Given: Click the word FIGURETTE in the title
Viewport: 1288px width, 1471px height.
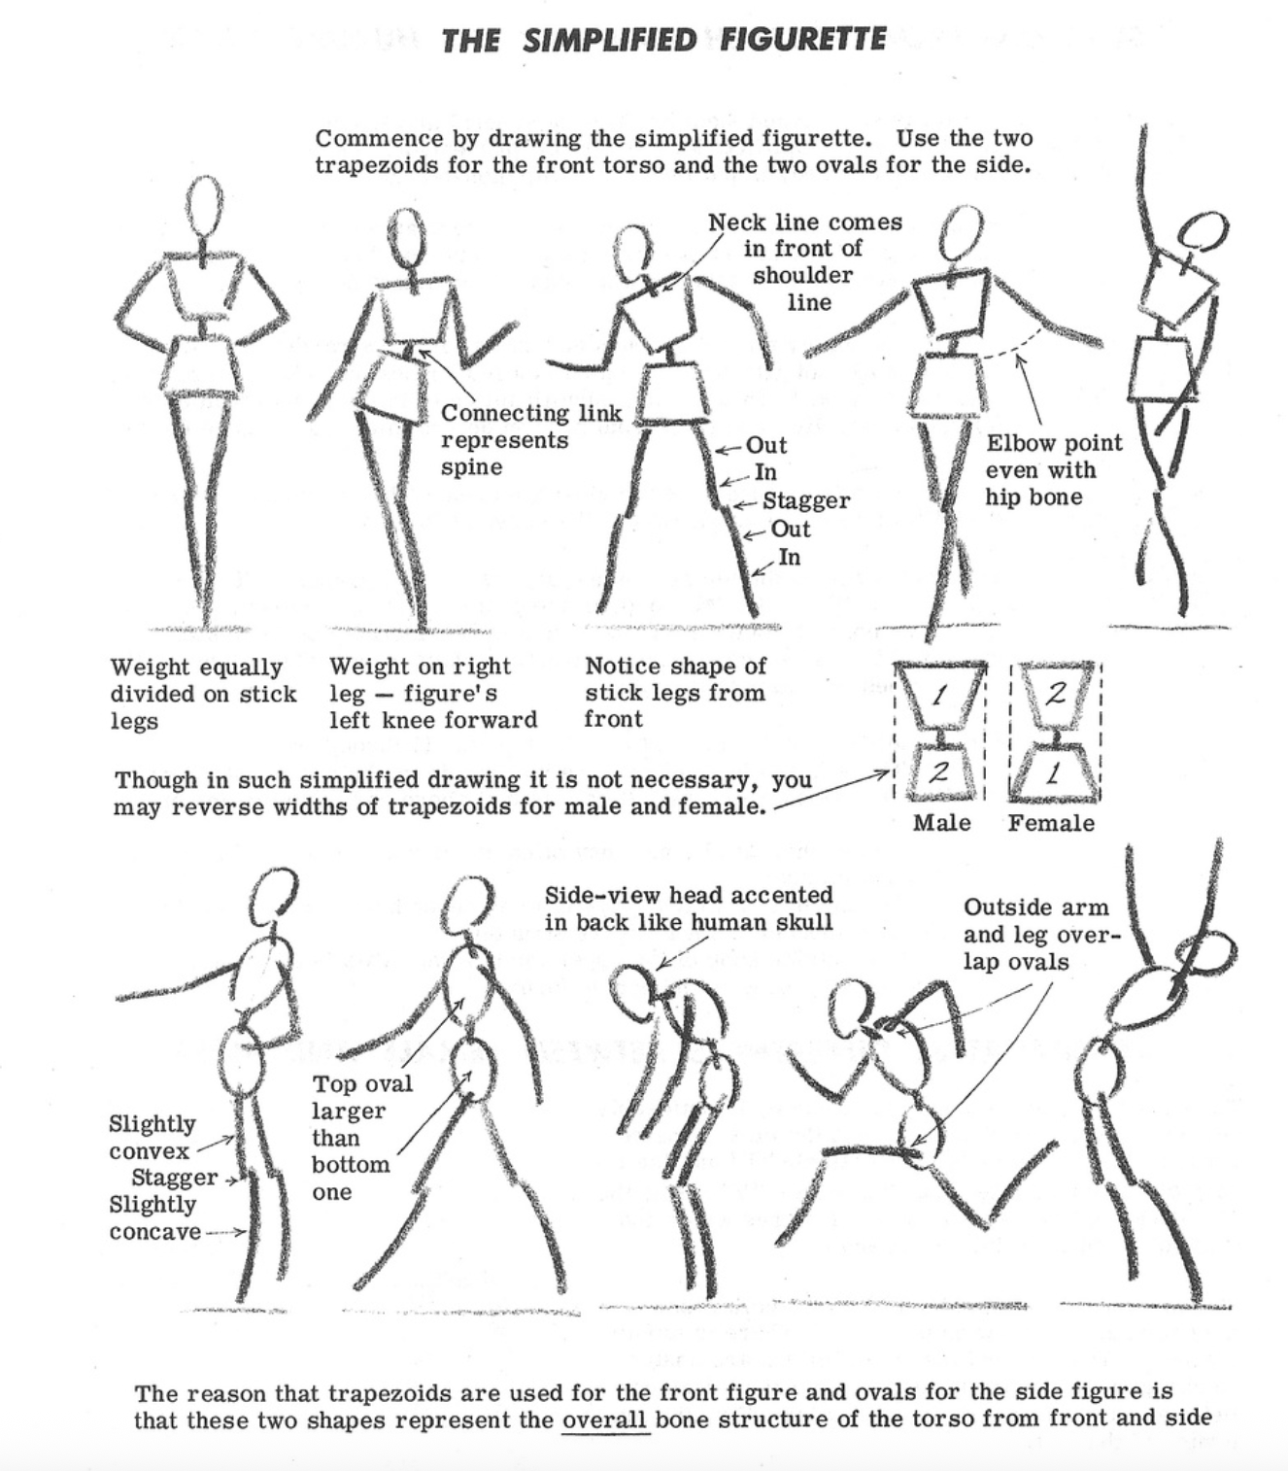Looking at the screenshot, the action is (802, 40).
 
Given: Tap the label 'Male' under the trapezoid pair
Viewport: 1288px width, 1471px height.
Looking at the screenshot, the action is (941, 823).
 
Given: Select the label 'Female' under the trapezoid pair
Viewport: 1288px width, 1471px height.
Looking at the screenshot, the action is (1051, 823).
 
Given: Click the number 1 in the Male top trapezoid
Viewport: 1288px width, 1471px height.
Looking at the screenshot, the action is (940, 695).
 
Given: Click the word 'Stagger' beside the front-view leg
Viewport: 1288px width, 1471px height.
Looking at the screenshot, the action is (805, 499).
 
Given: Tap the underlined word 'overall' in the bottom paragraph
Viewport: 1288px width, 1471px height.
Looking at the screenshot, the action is (605, 1420).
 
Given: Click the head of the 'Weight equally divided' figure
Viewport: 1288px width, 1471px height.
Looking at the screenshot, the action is (205, 206).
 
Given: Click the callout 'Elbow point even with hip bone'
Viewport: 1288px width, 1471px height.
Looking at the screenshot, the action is (1053, 469).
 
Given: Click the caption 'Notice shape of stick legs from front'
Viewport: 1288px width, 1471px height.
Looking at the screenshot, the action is (675, 693).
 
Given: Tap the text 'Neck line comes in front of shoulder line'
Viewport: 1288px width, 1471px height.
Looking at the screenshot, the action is (805, 261).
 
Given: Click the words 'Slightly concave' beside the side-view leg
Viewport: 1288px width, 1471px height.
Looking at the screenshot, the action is (155, 1217).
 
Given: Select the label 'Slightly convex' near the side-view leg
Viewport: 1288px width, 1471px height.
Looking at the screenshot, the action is (153, 1137).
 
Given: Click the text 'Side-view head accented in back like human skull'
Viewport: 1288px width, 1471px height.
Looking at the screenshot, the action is (689, 908).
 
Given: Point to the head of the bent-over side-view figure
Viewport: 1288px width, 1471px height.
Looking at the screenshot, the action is (632, 991).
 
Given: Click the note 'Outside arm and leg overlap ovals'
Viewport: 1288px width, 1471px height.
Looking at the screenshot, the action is (1042, 934).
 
